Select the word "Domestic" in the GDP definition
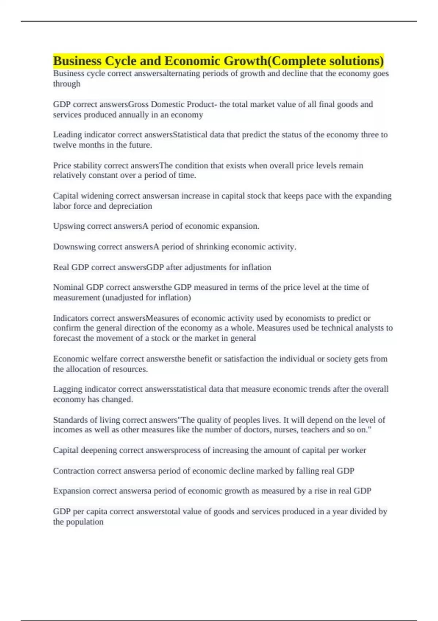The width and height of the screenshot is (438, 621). click(x=168, y=104)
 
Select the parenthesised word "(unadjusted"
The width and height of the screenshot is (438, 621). click(x=122, y=298)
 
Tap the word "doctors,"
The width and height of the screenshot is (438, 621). click(x=259, y=430)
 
